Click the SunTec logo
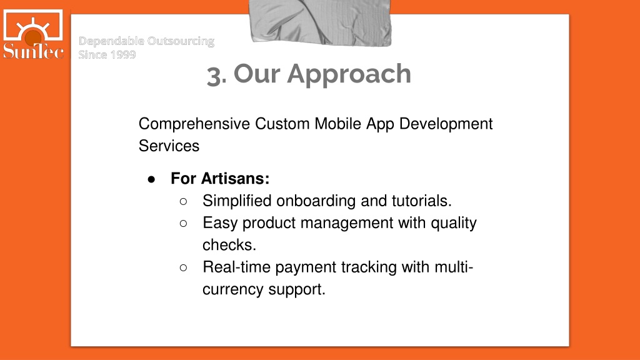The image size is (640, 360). pyautogui.click(x=33, y=34)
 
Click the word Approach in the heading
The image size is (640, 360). pyautogui.click(x=349, y=75)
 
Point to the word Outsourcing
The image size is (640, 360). pyautogui.click(x=181, y=41)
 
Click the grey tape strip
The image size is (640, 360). pyautogui.click(x=321, y=22)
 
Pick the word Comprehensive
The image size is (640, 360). pyautogui.click(x=194, y=124)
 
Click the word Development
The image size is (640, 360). pyautogui.click(x=446, y=124)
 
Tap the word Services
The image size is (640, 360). pyautogui.click(x=169, y=146)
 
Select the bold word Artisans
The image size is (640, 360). pyautogui.click(x=235, y=178)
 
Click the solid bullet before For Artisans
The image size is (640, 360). pyautogui.click(x=151, y=179)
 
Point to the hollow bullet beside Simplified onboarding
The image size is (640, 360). pyautogui.click(x=183, y=201)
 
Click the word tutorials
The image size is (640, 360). pyautogui.click(x=422, y=201)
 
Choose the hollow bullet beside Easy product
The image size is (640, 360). pyautogui.click(x=183, y=223)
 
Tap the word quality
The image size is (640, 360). pyautogui.click(x=454, y=223)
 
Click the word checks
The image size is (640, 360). pyautogui.click(x=229, y=245)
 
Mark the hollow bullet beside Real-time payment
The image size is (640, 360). pyautogui.click(x=183, y=267)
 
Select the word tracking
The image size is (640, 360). pyautogui.click(x=369, y=267)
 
